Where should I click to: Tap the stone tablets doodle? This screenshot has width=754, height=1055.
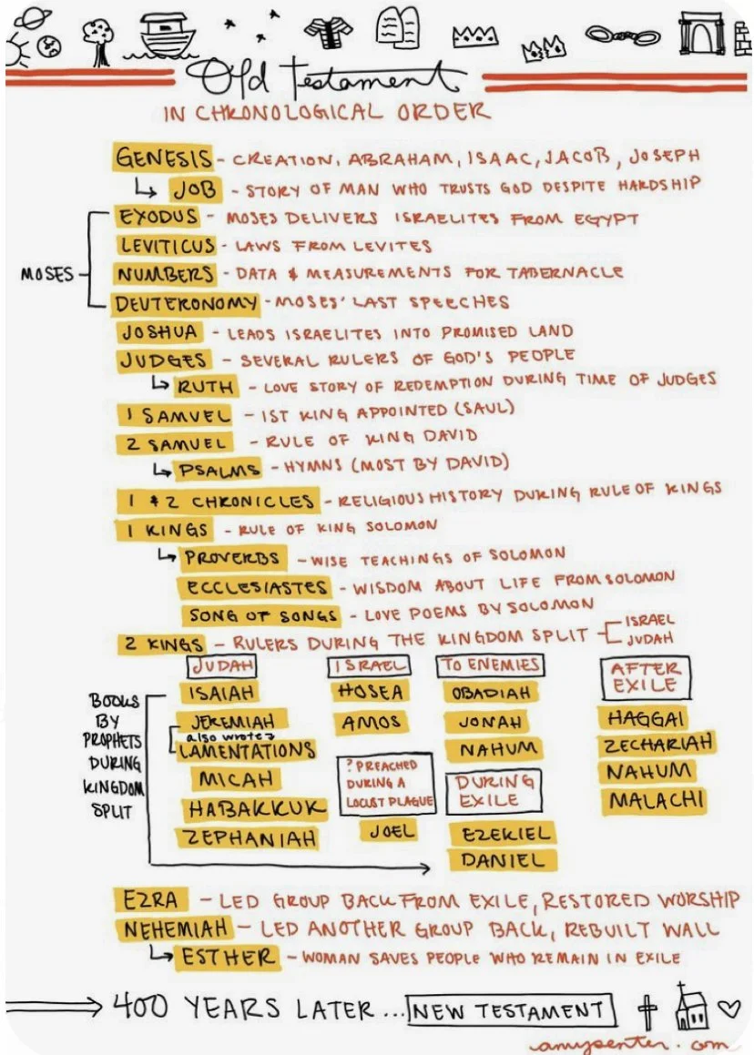397,25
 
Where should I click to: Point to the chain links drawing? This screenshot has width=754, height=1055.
623,36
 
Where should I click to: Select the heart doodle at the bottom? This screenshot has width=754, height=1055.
729,1009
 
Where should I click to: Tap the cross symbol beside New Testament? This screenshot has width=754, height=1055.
647,1009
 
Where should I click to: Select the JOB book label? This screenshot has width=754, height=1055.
195,189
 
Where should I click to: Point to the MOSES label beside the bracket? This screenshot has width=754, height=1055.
46,273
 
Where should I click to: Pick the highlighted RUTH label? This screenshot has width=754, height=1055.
205,386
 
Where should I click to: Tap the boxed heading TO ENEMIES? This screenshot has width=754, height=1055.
490,664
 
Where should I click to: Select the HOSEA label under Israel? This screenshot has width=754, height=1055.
370,692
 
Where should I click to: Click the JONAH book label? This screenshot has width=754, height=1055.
490,722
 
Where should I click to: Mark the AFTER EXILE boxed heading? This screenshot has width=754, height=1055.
645,677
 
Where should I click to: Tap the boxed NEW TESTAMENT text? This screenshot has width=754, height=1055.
509,1009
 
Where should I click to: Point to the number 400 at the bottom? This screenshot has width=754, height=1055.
142,1007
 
